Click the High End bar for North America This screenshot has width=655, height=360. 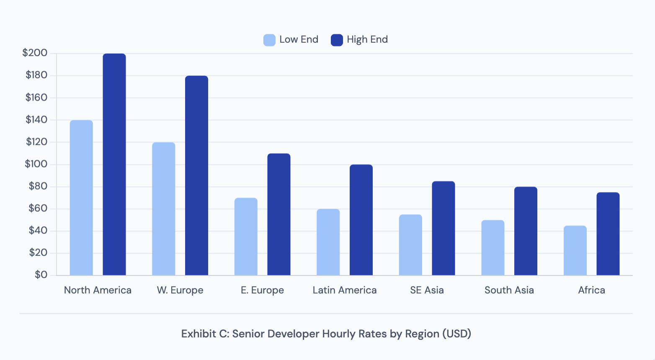(114, 165)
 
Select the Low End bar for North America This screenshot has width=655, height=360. (81, 198)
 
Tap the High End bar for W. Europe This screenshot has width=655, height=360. (196, 175)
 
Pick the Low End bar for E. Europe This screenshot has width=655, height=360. (246, 237)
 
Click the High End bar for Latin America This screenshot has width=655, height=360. (361, 220)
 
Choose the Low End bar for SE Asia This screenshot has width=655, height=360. (410, 245)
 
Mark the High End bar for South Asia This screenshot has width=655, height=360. (526, 231)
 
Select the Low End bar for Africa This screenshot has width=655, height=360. (575, 250)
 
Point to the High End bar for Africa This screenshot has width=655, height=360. (608, 234)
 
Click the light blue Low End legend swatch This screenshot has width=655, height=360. (269, 40)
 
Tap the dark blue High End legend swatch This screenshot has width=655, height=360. (337, 40)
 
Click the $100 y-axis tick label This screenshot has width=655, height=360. (36, 164)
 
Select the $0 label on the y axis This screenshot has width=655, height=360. (41, 275)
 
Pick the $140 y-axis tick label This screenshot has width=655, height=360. (36, 120)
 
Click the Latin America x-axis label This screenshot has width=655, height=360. (345, 290)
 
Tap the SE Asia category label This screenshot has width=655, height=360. (427, 290)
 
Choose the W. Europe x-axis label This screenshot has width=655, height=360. (180, 290)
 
